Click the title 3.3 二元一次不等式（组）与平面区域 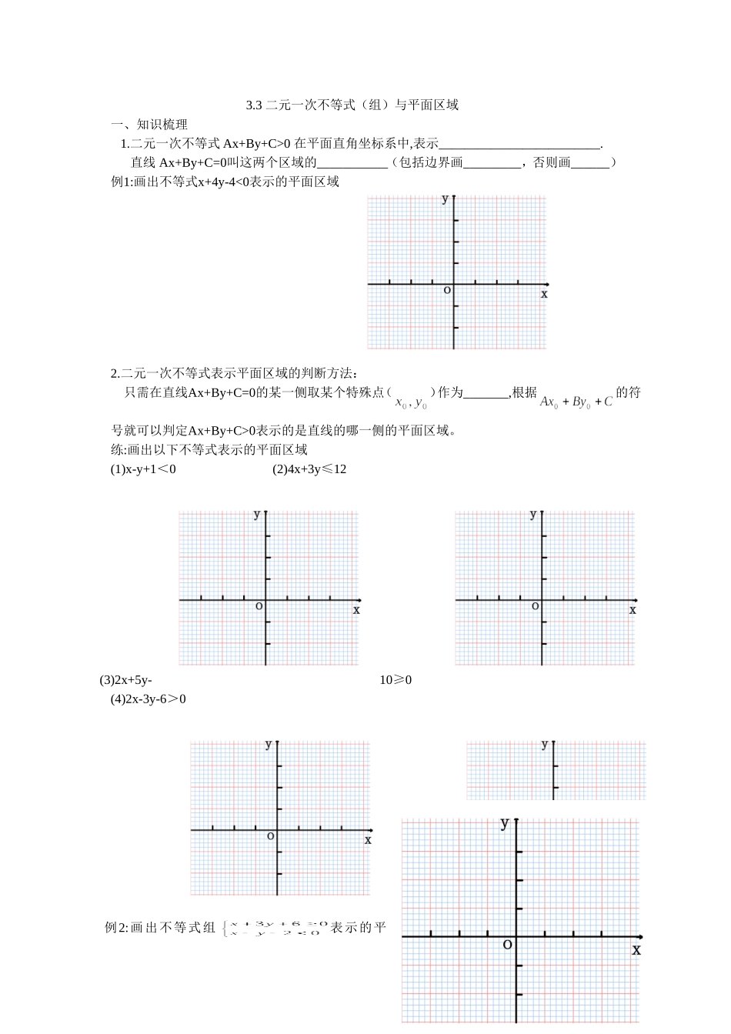tap(352, 105)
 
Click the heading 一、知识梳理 tap(149, 124)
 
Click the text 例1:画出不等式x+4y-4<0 tap(225, 182)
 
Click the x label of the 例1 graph tap(544, 294)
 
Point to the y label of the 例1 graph tap(445, 198)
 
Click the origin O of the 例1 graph tap(447, 290)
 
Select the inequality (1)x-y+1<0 tap(143, 469)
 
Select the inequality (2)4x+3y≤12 tap(309, 469)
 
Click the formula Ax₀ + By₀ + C tap(576, 402)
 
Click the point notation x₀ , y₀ tap(411, 402)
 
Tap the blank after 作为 tap(486, 393)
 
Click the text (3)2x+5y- tap(126, 680)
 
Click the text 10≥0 tap(396, 680)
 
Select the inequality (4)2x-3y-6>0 tap(149, 699)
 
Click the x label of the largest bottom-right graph tap(636, 950)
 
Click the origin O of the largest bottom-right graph tap(507, 944)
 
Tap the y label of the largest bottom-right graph tap(505, 823)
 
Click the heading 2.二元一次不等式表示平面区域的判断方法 tap(234, 373)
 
